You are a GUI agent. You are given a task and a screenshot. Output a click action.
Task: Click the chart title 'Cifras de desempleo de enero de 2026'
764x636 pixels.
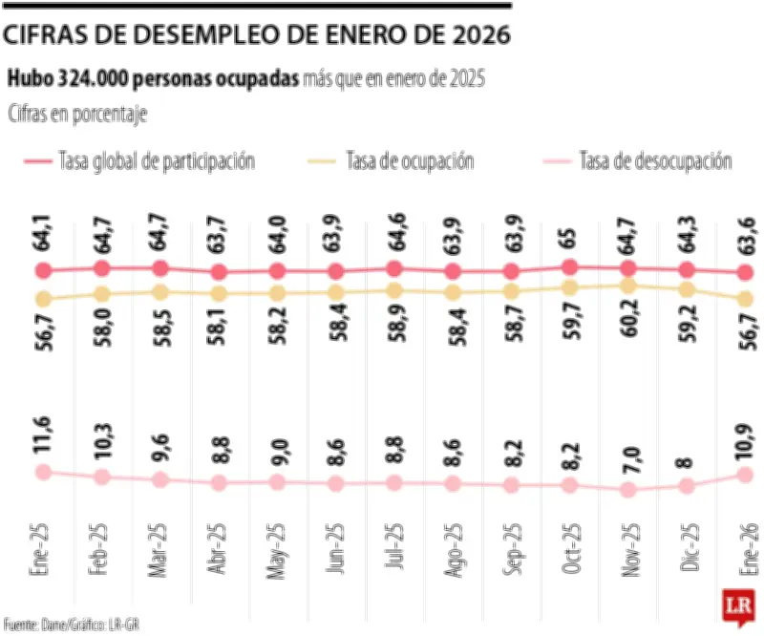coord(256,35)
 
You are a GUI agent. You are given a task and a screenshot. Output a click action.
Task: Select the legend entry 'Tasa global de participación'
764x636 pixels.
coord(157,161)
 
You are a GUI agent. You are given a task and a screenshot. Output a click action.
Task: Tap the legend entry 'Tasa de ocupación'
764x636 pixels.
coord(411,161)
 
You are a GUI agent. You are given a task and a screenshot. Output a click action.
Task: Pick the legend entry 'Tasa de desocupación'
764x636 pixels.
coord(655,161)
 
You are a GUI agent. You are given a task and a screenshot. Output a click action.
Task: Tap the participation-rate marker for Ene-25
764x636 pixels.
coord(42,271)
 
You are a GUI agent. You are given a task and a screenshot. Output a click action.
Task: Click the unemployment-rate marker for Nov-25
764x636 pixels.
coord(627,490)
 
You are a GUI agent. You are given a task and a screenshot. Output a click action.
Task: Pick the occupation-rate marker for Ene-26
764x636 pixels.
coord(744,299)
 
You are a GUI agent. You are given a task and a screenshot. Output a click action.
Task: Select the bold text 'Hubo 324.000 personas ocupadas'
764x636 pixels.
coord(154,79)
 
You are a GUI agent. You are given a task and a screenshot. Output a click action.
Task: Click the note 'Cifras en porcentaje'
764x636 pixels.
coord(77,114)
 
